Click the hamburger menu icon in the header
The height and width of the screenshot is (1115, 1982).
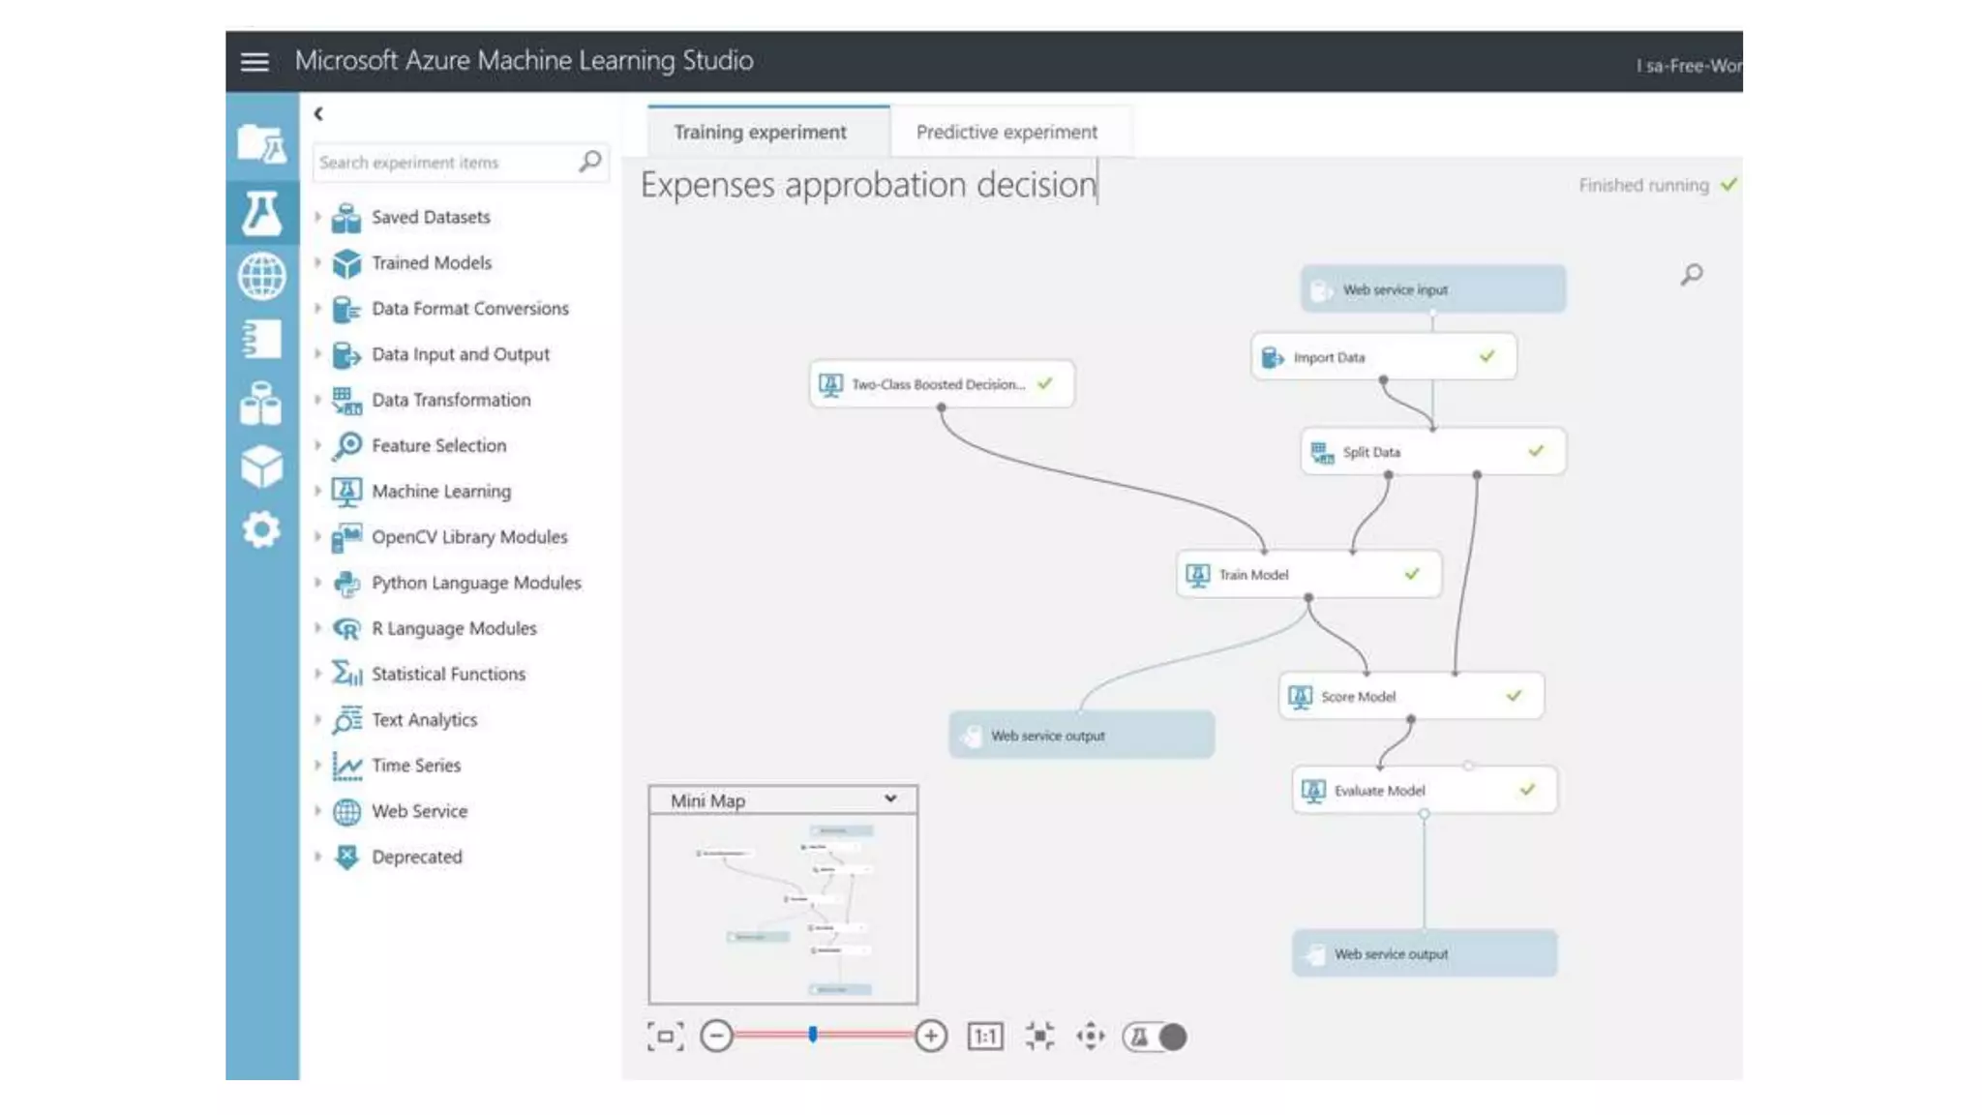point(255,62)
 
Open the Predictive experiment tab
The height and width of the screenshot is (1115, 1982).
point(1006,132)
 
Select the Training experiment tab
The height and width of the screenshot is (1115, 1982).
point(760,132)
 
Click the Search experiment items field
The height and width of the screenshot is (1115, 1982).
point(445,163)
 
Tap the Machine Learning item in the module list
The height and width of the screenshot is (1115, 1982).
point(441,492)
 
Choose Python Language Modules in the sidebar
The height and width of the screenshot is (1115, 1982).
point(476,583)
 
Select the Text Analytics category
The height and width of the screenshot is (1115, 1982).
point(424,720)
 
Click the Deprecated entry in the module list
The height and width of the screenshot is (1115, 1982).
point(416,858)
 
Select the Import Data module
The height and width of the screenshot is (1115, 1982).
point(1382,357)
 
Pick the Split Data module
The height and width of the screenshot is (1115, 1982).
point(1432,452)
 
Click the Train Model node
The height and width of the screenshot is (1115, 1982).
point(1307,575)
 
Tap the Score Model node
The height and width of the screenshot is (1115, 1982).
point(1410,697)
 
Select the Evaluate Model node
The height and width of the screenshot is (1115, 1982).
point(1424,791)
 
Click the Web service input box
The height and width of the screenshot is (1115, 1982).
point(1432,289)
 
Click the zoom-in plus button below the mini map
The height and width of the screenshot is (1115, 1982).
point(930,1037)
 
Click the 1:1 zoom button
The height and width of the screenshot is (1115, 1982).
point(985,1037)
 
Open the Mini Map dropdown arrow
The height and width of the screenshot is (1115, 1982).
point(890,799)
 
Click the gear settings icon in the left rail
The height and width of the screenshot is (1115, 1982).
point(261,530)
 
